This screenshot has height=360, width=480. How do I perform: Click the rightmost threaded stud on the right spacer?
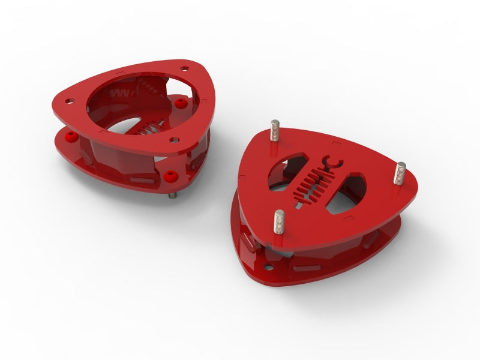click(x=400, y=172)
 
